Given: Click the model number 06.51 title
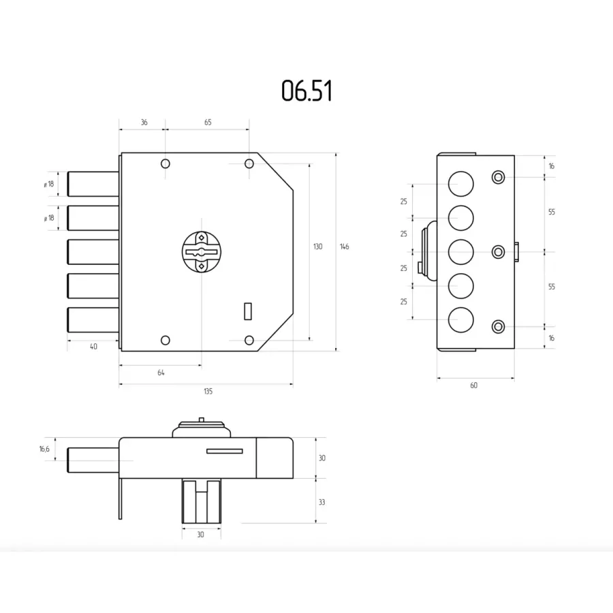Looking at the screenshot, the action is coord(307,91).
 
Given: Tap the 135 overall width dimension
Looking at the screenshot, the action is coord(208,392).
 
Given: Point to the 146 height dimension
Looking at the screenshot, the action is coord(345,247).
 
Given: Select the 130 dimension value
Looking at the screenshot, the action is coord(318,247).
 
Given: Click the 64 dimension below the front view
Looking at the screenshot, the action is coord(161,373).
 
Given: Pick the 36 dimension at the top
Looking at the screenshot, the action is coord(144,123).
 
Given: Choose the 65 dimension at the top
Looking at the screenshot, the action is coord(208,123).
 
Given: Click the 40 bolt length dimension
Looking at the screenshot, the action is coord(93,347).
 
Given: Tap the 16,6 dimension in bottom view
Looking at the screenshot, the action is coord(44,450).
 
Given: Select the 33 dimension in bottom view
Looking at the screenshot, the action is coord(321,503).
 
